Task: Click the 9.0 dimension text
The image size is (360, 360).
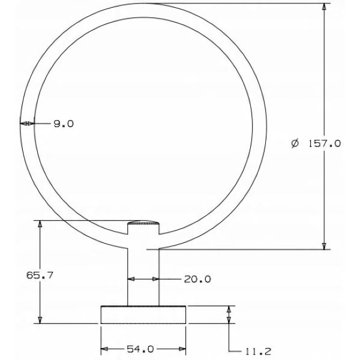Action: (x=64, y=124)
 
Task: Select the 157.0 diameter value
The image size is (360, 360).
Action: (x=324, y=144)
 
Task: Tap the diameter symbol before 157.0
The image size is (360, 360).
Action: (x=295, y=143)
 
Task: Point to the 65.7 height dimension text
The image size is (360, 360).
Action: (x=40, y=275)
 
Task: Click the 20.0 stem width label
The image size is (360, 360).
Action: (x=197, y=279)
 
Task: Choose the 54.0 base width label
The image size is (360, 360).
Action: (x=140, y=349)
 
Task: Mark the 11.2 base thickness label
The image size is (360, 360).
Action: (x=258, y=351)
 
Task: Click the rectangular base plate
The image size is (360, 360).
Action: (x=143, y=315)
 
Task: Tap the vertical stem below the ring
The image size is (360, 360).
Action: (x=143, y=277)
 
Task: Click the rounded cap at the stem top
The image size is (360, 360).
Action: (x=143, y=223)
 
